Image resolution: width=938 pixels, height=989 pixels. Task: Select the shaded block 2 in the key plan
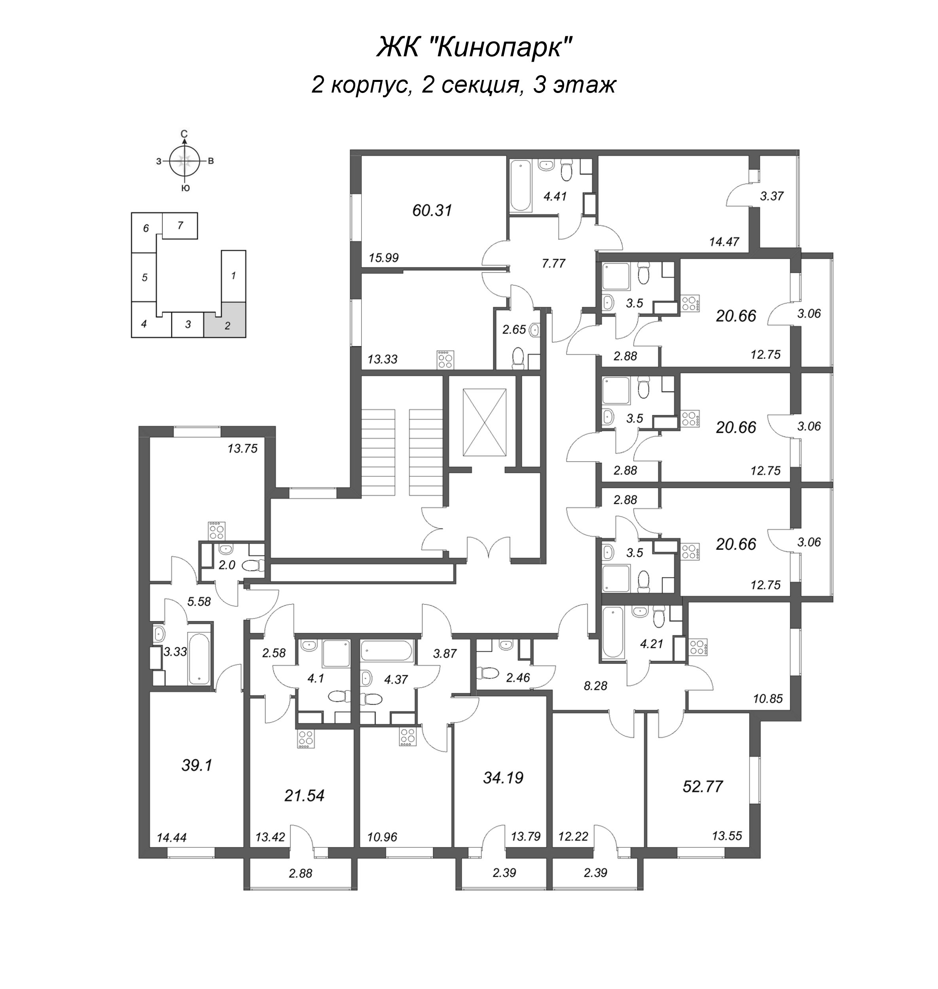click(225, 320)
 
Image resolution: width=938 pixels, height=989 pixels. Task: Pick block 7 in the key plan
click(180, 225)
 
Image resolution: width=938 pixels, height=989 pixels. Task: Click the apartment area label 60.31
click(432, 210)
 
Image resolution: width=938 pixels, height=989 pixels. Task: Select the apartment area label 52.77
click(703, 786)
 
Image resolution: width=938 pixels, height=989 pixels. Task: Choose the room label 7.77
click(553, 263)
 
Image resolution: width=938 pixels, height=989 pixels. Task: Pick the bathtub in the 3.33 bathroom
click(199, 659)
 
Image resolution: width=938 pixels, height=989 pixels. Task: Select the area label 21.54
click(305, 795)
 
